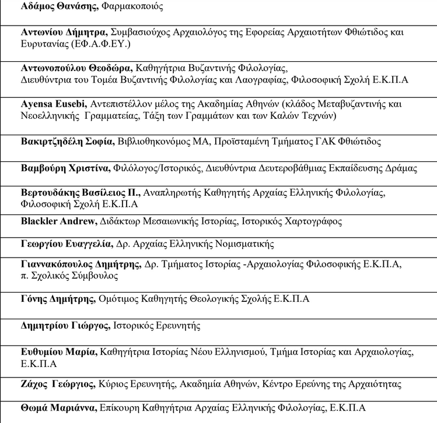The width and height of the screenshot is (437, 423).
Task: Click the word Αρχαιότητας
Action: pyautogui.click(x=376, y=385)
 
